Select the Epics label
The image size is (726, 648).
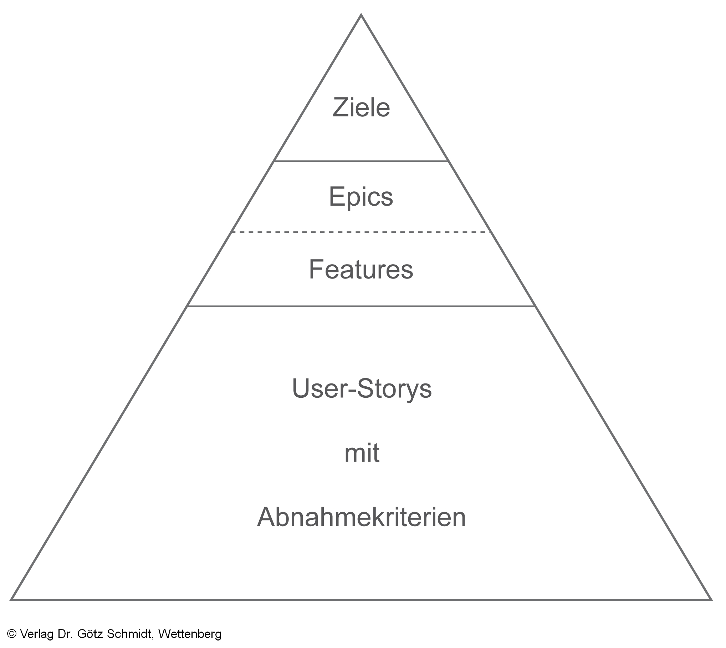pyautogui.click(x=361, y=197)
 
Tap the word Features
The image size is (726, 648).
pyautogui.click(x=361, y=270)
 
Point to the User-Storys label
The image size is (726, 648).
pyautogui.click(x=362, y=389)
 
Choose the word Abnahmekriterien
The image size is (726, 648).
pyautogui.click(x=361, y=517)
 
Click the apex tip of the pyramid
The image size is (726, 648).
pyautogui.click(x=361, y=15)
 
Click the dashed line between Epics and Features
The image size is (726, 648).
pyautogui.click(x=361, y=232)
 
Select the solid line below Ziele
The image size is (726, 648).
pyautogui.click(x=361, y=161)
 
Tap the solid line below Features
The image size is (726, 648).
pyautogui.click(x=361, y=306)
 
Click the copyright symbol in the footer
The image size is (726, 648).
pyautogui.click(x=12, y=634)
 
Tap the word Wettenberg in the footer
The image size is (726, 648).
pyautogui.click(x=190, y=634)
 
